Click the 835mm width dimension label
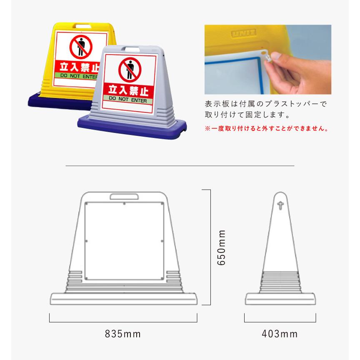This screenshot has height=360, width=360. pos(123,334)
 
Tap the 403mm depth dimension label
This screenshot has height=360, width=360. pos(280,334)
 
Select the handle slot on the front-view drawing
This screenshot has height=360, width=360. pos(125,197)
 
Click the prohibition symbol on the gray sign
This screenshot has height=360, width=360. pos(130,69)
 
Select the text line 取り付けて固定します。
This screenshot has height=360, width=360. pos(247,115)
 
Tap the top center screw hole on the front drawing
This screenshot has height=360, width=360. pos(125,204)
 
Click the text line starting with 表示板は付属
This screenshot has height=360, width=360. pos(266,103)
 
